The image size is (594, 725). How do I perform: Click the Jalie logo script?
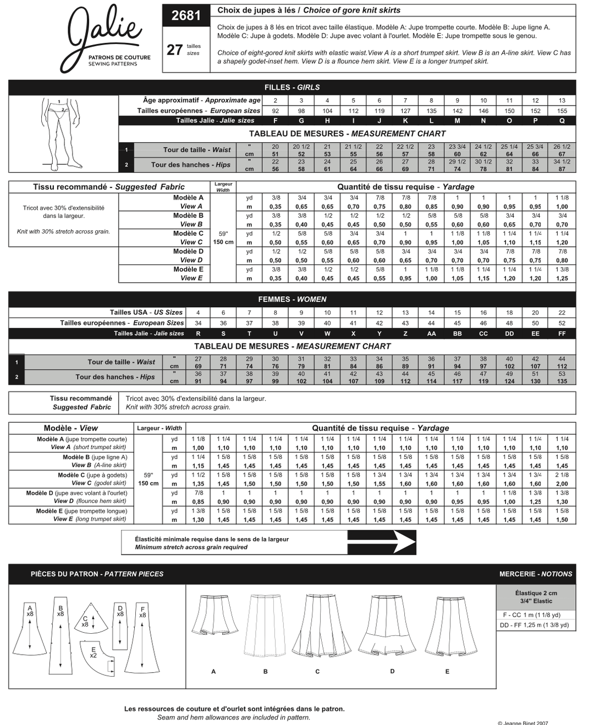pyautogui.click(x=105, y=32)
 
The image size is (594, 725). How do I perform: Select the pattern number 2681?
pyautogui.click(x=186, y=16)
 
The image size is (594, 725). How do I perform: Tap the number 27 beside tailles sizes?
pyautogui.click(x=174, y=50)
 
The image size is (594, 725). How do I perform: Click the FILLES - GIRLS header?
pyautogui.click(x=292, y=87)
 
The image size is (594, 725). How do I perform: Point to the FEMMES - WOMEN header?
pyautogui.click(x=292, y=300)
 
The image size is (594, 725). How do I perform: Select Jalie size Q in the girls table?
pyautogui.click(x=562, y=121)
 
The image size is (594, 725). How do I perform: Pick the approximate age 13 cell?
pyautogui.click(x=562, y=101)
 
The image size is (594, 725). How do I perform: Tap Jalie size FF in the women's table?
pyautogui.click(x=562, y=334)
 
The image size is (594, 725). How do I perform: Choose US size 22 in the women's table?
pyautogui.click(x=562, y=313)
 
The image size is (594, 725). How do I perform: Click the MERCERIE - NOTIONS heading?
pyautogui.click(x=535, y=574)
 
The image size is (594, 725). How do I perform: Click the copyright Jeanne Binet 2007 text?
pyautogui.click(x=522, y=722)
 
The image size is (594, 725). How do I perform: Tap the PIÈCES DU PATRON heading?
pyautogui.click(x=97, y=574)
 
